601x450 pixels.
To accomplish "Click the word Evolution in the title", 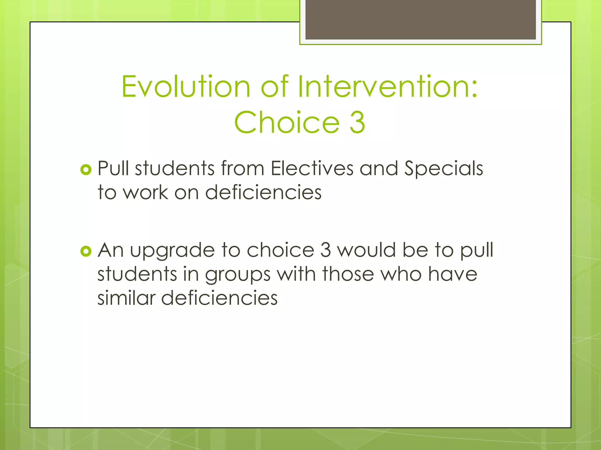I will coord(186,87).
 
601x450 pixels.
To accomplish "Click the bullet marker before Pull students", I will coord(86,169).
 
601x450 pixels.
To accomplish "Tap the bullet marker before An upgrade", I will coord(86,251).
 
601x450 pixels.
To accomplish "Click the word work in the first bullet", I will coord(145,192).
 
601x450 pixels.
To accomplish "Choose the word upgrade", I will coord(172,251).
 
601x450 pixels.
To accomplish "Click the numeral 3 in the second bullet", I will coord(325,250).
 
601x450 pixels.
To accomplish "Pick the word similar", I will coord(126,298).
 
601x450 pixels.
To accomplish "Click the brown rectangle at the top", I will coord(421,19).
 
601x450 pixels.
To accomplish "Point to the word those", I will coord(348,274).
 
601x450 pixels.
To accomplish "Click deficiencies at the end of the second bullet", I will coord(219,298).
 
